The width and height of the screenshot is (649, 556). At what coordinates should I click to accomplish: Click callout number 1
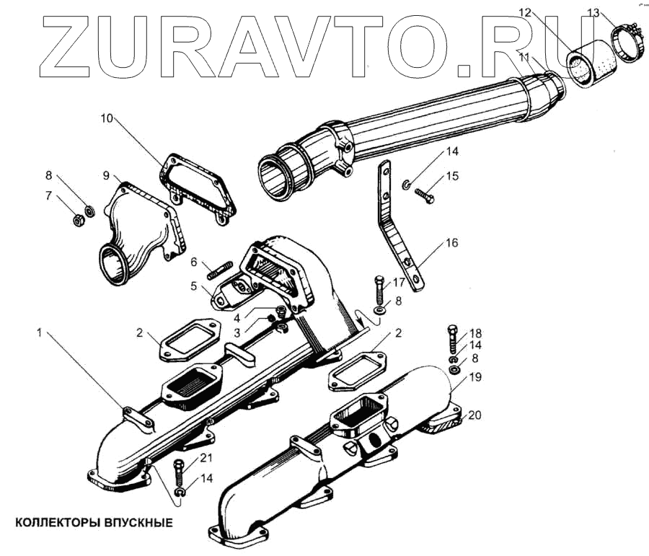click(x=40, y=332)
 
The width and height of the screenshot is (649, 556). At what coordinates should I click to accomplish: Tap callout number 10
click(x=107, y=118)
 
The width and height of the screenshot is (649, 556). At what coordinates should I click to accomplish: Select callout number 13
click(x=593, y=12)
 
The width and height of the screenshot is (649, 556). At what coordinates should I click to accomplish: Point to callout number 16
click(x=451, y=243)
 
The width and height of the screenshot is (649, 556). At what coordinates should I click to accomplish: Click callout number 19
click(x=474, y=377)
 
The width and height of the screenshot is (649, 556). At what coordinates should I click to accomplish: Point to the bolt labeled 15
click(x=425, y=194)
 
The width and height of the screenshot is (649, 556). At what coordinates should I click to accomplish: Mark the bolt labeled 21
click(x=177, y=475)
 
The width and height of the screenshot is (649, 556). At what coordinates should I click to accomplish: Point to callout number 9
click(x=106, y=175)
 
